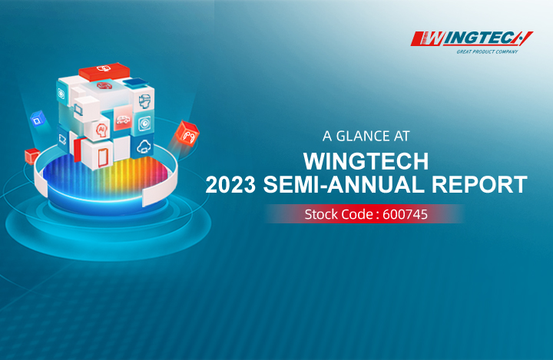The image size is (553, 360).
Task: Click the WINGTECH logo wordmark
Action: [472, 38]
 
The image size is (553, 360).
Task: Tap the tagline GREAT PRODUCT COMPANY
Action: [487, 52]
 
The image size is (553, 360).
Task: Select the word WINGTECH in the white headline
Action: [366, 161]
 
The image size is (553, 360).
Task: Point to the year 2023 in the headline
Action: [230, 184]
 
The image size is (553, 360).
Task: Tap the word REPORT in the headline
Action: [479, 184]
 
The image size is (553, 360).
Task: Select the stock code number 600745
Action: [406, 214]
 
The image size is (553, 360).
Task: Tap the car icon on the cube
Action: [123, 120]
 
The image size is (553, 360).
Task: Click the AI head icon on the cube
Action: [101, 130]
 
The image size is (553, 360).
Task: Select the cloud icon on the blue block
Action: [144, 146]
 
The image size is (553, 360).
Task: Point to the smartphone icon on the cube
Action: [103, 157]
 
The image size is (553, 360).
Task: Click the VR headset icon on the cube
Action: [144, 101]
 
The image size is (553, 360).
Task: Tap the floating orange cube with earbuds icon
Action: [187, 134]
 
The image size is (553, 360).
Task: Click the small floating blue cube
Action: [38, 119]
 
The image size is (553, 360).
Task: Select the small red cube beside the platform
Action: [31, 156]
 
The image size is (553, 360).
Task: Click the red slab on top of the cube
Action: [104, 71]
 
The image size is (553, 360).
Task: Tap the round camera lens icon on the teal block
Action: [144, 124]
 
